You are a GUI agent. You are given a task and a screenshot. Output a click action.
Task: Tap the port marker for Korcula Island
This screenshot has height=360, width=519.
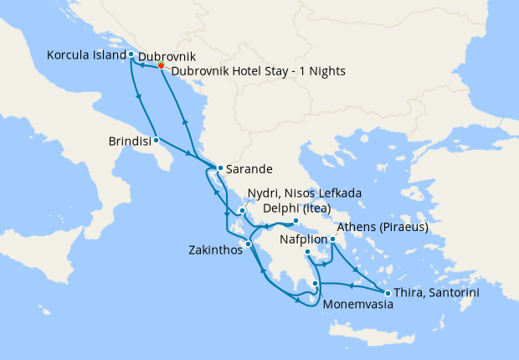point(131,54)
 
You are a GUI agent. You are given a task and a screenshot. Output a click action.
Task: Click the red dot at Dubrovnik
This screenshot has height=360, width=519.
point(162,67)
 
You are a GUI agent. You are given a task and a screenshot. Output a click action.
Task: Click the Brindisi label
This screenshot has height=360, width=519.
point(130,141)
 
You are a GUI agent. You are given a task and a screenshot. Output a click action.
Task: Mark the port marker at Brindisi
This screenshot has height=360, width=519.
point(157,141)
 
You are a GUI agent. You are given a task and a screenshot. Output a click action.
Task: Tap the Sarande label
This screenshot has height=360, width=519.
point(249,168)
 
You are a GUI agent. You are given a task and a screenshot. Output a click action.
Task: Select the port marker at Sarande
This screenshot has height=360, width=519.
point(219,168)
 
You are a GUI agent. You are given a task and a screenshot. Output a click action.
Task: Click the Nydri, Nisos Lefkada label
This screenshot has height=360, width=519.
point(305,193)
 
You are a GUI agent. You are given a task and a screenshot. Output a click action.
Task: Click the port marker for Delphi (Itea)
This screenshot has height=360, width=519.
point(295,222)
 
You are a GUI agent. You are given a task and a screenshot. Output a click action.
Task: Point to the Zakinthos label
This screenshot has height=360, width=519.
point(216,249)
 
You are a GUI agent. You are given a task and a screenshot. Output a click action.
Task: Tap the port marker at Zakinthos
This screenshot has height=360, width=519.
point(248,244)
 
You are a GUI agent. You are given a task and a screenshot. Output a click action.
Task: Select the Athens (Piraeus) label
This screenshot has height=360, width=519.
point(383,227)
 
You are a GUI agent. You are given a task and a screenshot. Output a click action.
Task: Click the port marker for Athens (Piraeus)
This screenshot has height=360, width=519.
point(332,239)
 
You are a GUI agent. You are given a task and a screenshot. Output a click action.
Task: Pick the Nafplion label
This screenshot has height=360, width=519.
point(303,239)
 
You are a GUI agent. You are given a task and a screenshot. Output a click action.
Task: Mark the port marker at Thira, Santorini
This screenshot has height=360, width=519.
point(388,292)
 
